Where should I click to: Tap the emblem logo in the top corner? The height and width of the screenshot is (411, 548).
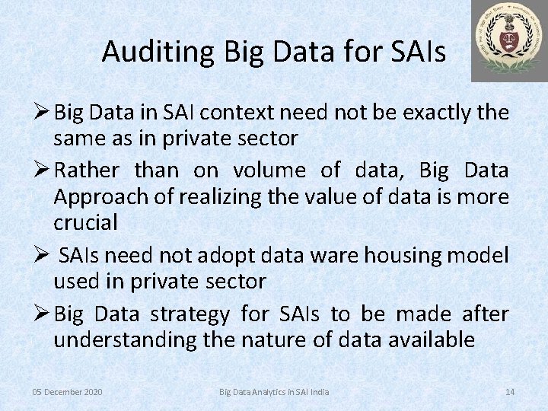(508, 40)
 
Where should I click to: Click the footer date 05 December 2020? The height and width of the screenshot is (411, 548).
(68, 392)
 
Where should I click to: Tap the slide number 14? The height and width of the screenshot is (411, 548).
(510, 392)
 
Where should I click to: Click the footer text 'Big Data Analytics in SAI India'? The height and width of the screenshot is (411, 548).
(274, 392)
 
